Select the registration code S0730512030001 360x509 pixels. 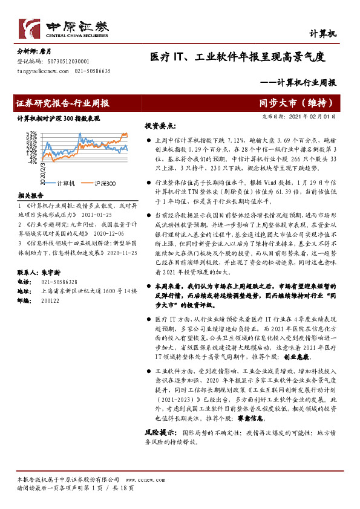(x=64, y=62)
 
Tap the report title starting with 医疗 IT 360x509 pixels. (x=238, y=58)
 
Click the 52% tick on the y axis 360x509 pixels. (x=32, y=133)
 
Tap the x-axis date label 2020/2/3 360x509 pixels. (x=43, y=172)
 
